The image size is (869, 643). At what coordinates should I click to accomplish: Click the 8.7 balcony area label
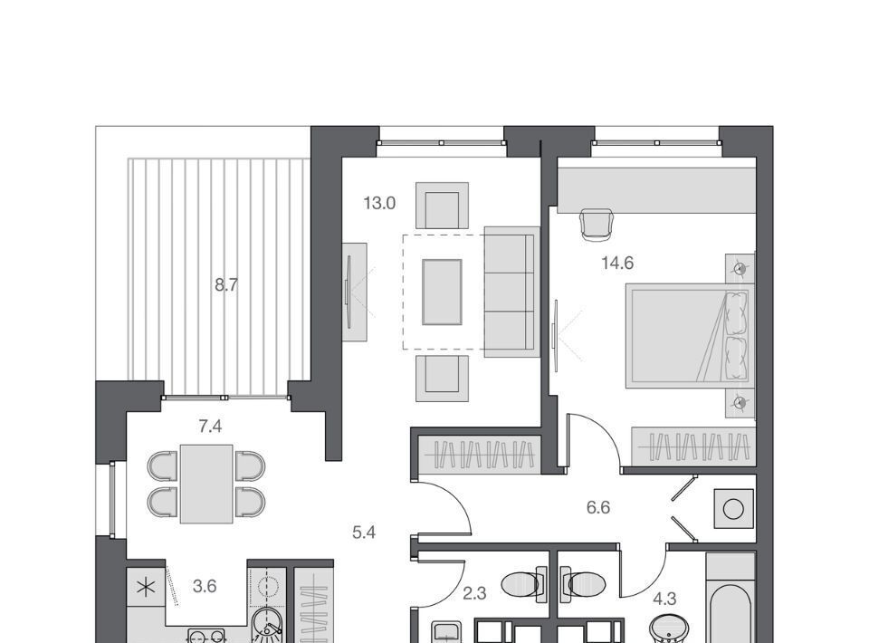[x=226, y=285]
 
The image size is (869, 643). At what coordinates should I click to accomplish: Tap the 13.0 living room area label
[x=379, y=204]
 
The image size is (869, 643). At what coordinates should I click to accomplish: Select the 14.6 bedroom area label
[x=617, y=263]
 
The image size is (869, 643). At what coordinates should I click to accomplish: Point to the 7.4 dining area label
[x=210, y=427]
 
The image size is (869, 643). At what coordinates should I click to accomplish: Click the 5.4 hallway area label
[x=364, y=533]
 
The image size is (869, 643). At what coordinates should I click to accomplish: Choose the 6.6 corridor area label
[x=598, y=507]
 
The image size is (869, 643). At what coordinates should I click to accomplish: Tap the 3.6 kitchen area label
[x=205, y=586]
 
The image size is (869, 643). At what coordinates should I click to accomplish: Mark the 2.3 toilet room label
[x=474, y=594]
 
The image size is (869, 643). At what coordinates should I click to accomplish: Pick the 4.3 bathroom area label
[x=664, y=599]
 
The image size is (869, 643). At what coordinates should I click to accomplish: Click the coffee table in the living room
[x=442, y=292]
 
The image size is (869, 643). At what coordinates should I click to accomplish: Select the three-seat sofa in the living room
[x=512, y=292]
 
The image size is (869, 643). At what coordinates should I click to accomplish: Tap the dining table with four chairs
[x=206, y=484]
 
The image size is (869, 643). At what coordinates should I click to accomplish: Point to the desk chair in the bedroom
[x=597, y=225]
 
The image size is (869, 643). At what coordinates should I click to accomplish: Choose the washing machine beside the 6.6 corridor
[x=734, y=508]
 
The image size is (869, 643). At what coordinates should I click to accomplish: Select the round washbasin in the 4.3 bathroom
[x=670, y=629]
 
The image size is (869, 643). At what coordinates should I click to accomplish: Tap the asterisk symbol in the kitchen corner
[x=147, y=587]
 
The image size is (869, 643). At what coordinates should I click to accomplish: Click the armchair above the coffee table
[x=443, y=206]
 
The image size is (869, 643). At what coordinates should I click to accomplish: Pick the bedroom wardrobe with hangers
[x=693, y=446]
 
